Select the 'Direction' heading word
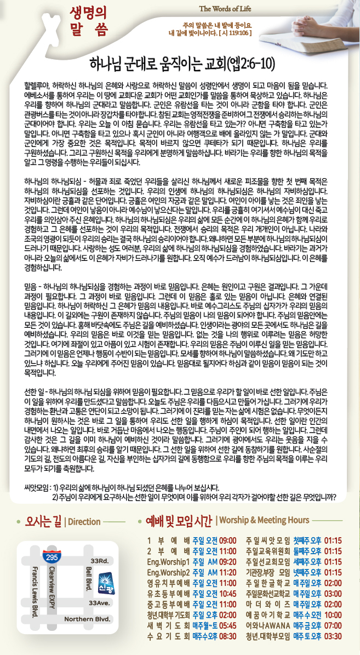84,521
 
